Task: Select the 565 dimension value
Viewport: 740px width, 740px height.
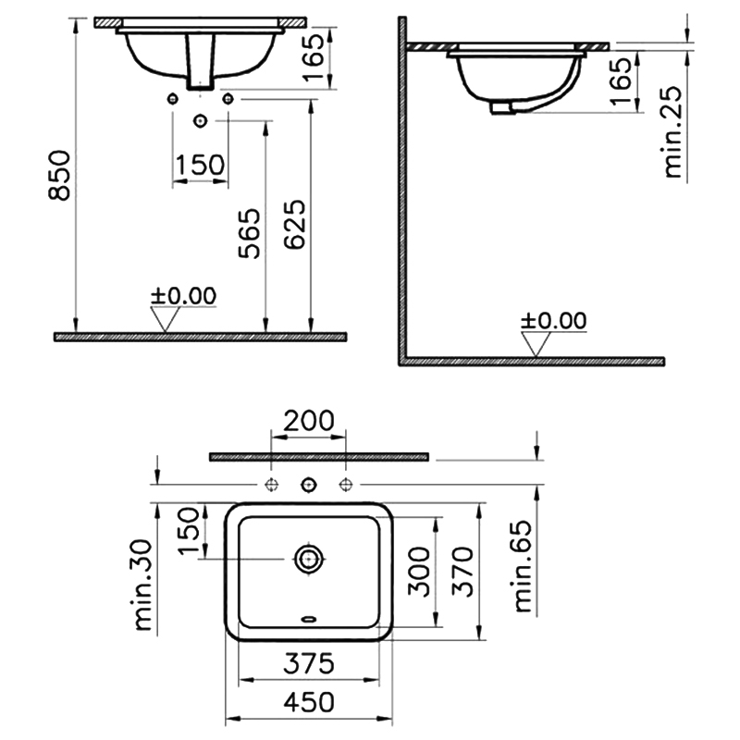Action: (x=249, y=233)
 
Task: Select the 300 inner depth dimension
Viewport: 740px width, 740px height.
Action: (x=419, y=572)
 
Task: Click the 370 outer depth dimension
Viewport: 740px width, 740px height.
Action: (x=462, y=572)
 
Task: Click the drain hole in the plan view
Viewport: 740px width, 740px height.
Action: (x=309, y=558)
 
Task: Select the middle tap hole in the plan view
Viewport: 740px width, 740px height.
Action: (x=309, y=485)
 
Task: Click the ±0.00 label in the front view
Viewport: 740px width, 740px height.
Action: (x=183, y=296)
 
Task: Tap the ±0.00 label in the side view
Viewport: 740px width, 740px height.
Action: (x=553, y=321)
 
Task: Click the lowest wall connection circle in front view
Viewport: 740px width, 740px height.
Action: (x=200, y=120)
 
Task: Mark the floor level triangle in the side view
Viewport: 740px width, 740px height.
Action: (x=535, y=343)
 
